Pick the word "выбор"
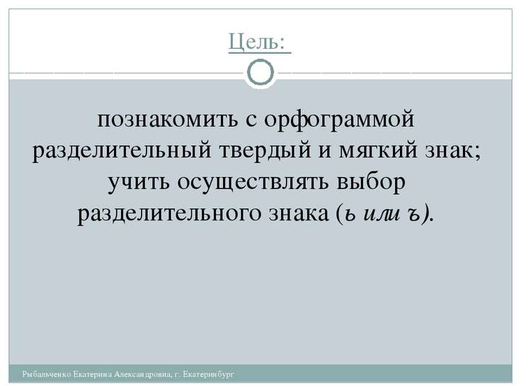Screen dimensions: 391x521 380,183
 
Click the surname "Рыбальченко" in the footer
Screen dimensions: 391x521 47,373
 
